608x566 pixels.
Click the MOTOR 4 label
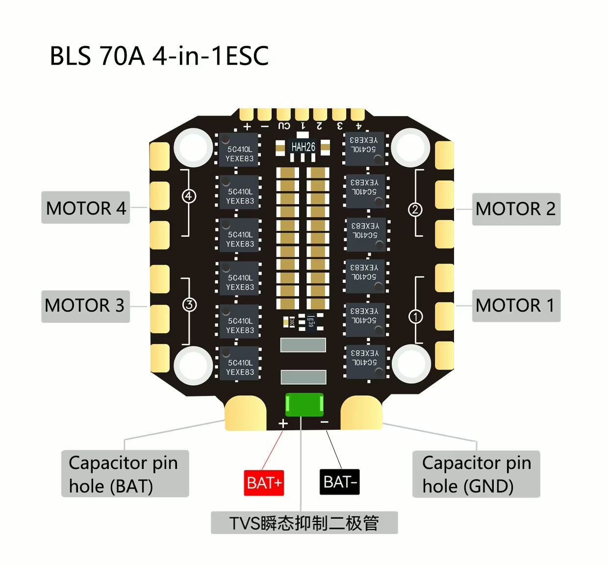pyautogui.click(x=86, y=208)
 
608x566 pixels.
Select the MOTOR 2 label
pyautogui.click(x=516, y=209)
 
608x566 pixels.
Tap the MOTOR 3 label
pyautogui.click(x=85, y=306)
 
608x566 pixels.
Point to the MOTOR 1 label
pyautogui.click(x=516, y=306)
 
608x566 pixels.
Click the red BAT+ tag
pyautogui.click(x=264, y=483)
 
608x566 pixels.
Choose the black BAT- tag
pyautogui.click(x=340, y=482)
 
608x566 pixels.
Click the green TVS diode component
pyautogui.click(x=304, y=404)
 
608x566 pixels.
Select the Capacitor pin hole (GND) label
pyautogui.click(x=476, y=474)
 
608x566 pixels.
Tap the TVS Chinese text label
pyautogui.click(x=304, y=523)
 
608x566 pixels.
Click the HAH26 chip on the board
pyautogui.click(x=303, y=147)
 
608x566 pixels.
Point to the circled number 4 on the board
pyautogui.click(x=189, y=196)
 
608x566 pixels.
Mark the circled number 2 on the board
pyautogui.click(x=415, y=210)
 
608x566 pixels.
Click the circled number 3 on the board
pyautogui.click(x=189, y=305)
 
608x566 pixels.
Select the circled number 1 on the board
pyautogui.click(x=415, y=317)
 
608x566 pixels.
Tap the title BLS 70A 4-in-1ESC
pyautogui.click(x=159, y=56)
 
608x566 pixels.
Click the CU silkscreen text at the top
pyautogui.click(x=284, y=126)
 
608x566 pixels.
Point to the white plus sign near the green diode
pyautogui.click(x=283, y=423)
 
